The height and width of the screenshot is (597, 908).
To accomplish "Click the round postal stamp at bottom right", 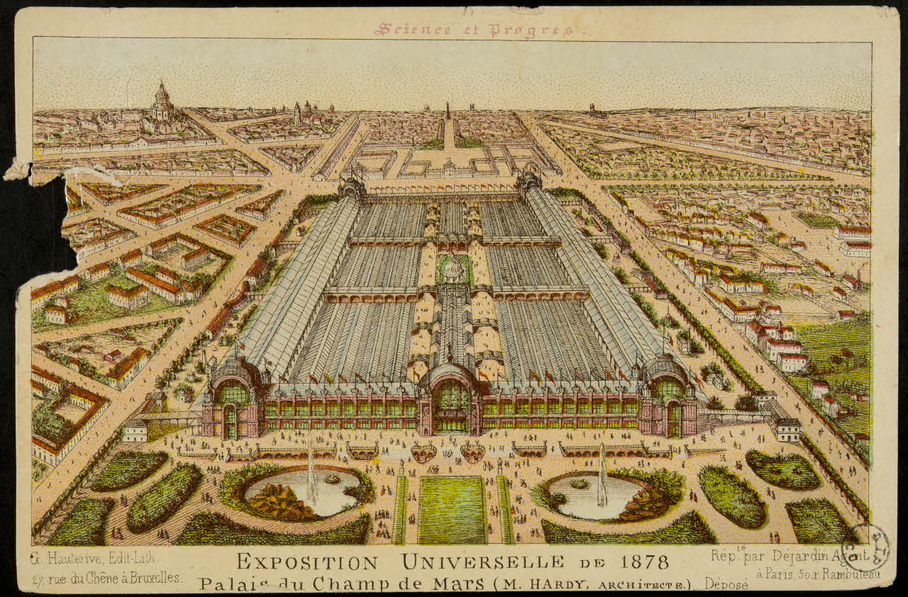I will coord(865,546).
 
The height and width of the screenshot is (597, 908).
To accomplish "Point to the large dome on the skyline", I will coord(162,104).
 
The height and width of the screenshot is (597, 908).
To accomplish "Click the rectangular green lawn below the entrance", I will coord(452,509).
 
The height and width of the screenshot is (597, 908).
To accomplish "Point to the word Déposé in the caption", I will coord(727,584).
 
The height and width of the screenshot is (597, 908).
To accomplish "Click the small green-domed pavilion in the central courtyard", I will coord(452,268).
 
